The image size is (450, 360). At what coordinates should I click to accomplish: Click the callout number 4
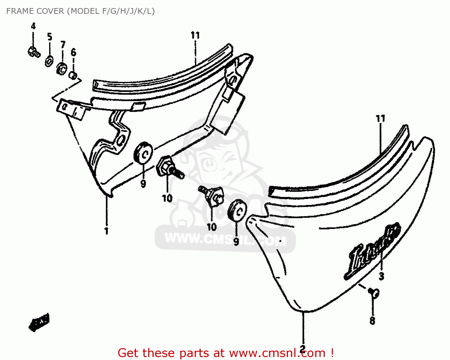[33, 26]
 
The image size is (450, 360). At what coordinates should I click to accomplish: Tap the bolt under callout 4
[33, 52]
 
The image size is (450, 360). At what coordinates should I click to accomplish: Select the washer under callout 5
[49, 61]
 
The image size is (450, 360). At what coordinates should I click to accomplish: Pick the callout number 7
[63, 45]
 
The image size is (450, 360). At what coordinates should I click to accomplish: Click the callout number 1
[106, 231]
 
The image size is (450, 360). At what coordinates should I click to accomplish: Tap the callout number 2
[303, 348]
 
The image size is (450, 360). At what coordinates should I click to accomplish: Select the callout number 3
[381, 276]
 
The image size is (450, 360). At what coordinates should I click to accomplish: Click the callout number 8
[372, 320]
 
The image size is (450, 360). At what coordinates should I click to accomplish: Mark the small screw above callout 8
[374, 292]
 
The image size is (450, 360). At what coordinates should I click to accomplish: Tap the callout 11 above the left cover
[195, 35]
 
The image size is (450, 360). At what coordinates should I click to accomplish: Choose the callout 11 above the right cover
[380, 119]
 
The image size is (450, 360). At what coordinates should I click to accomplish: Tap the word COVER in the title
[50, 11]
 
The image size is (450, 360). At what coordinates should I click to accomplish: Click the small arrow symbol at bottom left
[39, 322]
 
